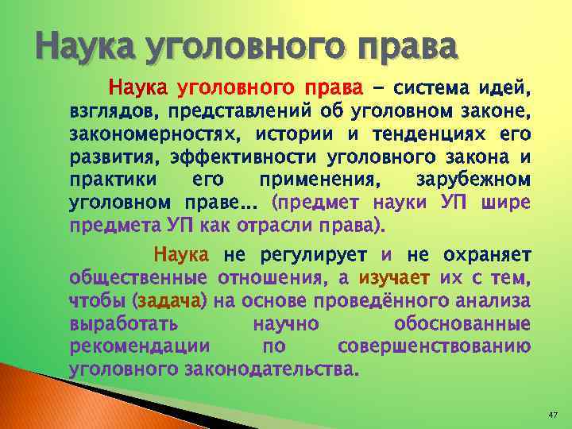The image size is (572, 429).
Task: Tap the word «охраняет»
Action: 486,255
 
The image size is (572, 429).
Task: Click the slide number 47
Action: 555,415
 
